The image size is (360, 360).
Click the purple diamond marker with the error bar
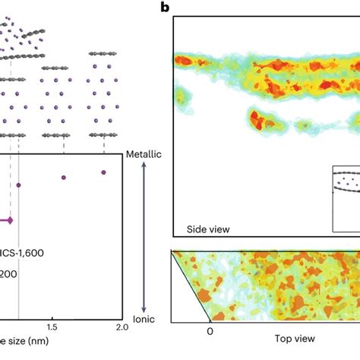point(10,221)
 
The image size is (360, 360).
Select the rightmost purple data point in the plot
point(103,173)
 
